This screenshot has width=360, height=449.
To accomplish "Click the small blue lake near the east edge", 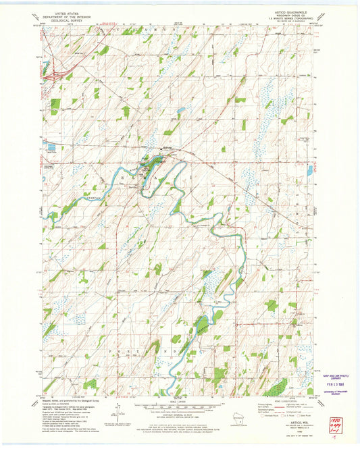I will [309, 170].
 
